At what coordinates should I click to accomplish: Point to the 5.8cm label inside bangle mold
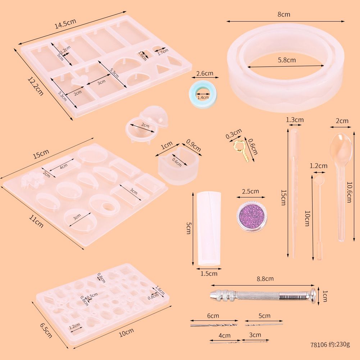click(287, 60)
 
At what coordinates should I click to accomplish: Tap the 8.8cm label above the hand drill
click(265, 278)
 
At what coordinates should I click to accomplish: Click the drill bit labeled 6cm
click(214, 325)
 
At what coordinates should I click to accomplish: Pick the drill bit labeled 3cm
click(256, 340)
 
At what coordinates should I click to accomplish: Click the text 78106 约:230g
click(330, 344)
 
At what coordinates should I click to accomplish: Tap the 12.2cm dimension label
click(35, 86)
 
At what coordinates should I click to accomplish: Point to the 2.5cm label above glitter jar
click(250, 191)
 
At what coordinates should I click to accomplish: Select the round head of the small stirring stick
click(318, 178)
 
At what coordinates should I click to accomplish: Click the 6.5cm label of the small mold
click(46, 330)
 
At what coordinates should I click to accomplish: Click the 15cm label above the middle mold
click(41, 154)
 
